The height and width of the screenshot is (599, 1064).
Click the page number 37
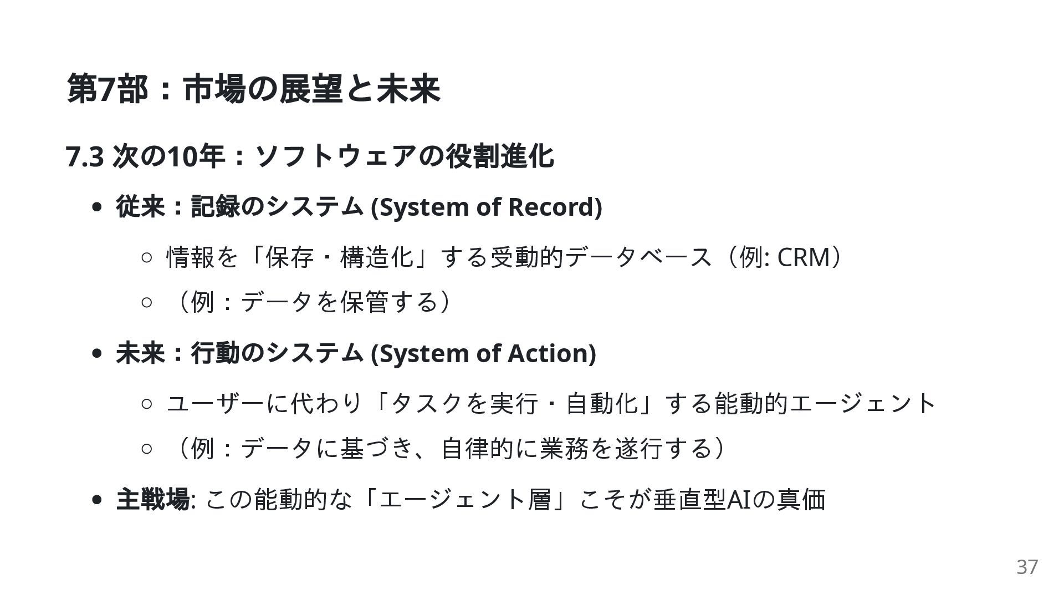pos(1027,567)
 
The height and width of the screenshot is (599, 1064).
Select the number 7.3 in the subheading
pos(85,156)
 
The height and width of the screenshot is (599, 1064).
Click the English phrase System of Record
pos(486,207)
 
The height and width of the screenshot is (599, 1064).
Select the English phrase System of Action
pos(483,353)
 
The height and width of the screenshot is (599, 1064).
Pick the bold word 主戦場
pos(152,499)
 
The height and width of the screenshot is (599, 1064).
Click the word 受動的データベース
pos(601,257)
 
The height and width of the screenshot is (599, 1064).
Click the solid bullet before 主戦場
pos(98,500)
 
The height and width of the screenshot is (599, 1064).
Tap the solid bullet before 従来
pos(98,207)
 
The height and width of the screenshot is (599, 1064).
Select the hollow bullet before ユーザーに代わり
pos(146,404)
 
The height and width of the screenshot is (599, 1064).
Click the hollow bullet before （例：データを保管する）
pos(146,303)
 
